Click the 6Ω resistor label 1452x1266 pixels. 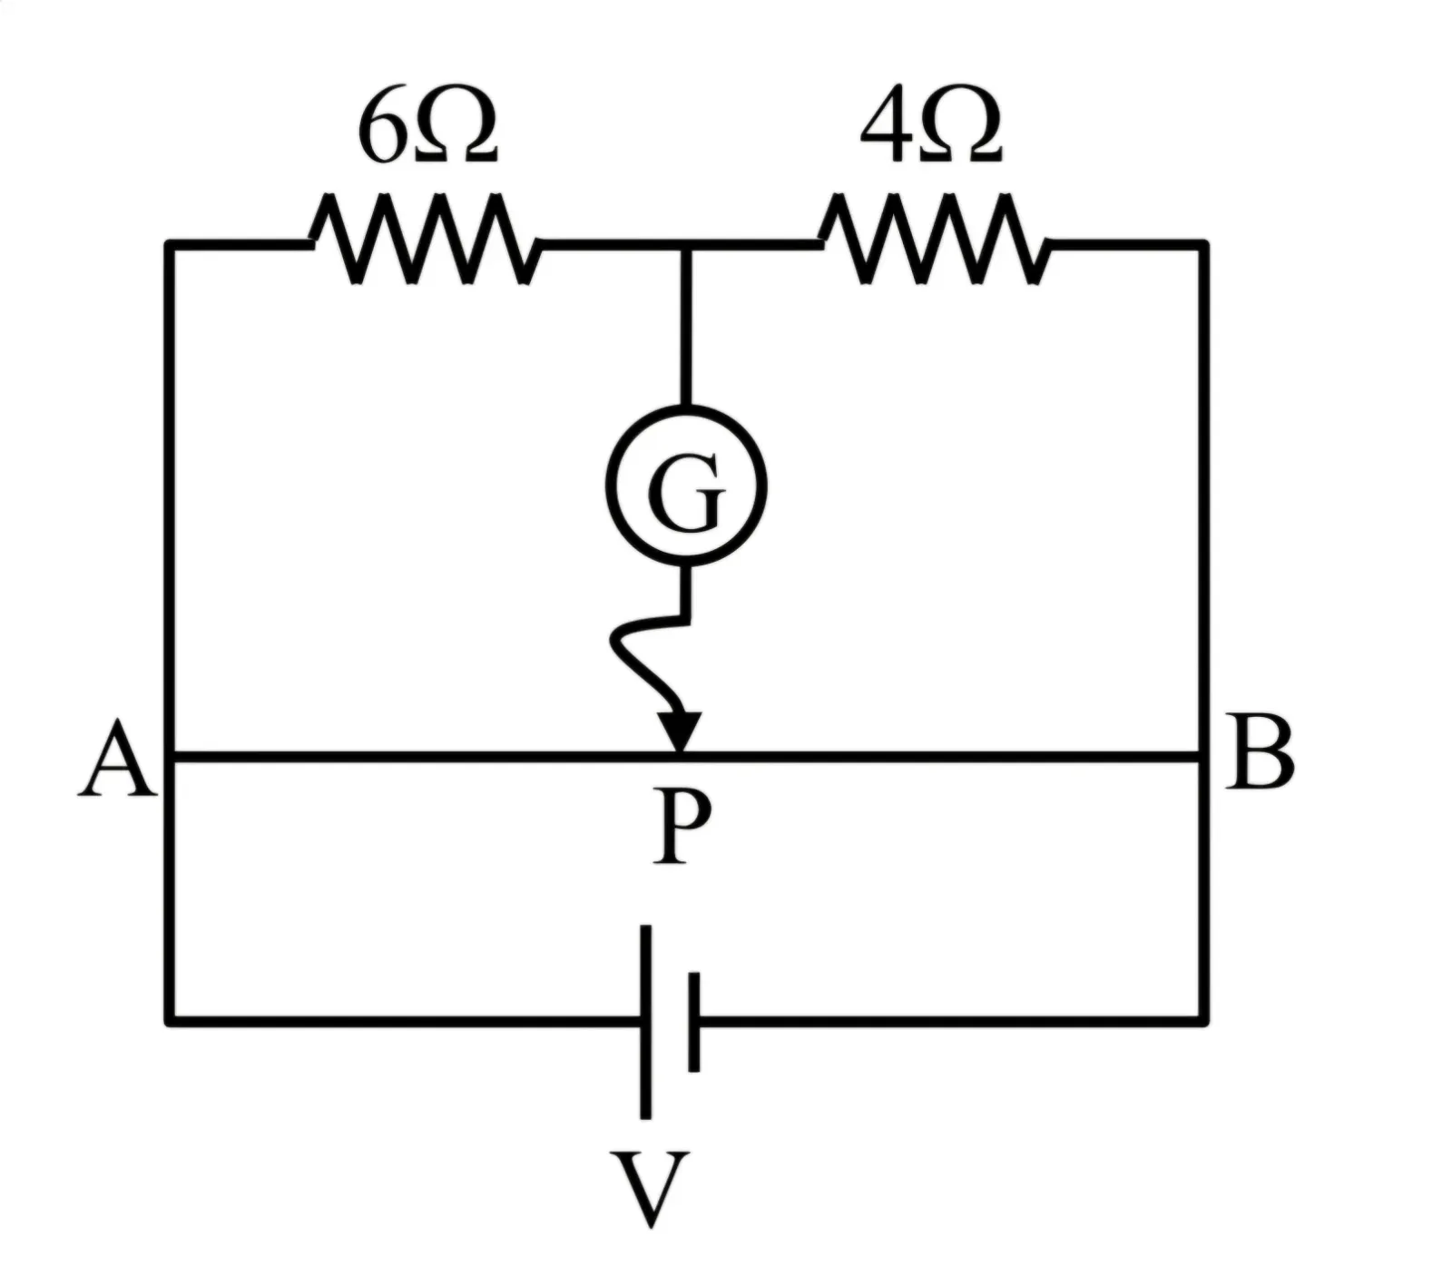pyautogui.click(x=427, y=128)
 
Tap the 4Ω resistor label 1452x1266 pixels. pyautogui.click(x=932, y=128)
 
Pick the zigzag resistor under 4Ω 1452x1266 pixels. pyautogui.click(x=935, y=239)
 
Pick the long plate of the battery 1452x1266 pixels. pyautogui.click(x=645, y=1022)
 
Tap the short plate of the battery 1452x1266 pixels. pyautogui.click(x=694, y=1022)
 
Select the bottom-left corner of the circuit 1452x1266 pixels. pyautogui.click(x=170, y=1022)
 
